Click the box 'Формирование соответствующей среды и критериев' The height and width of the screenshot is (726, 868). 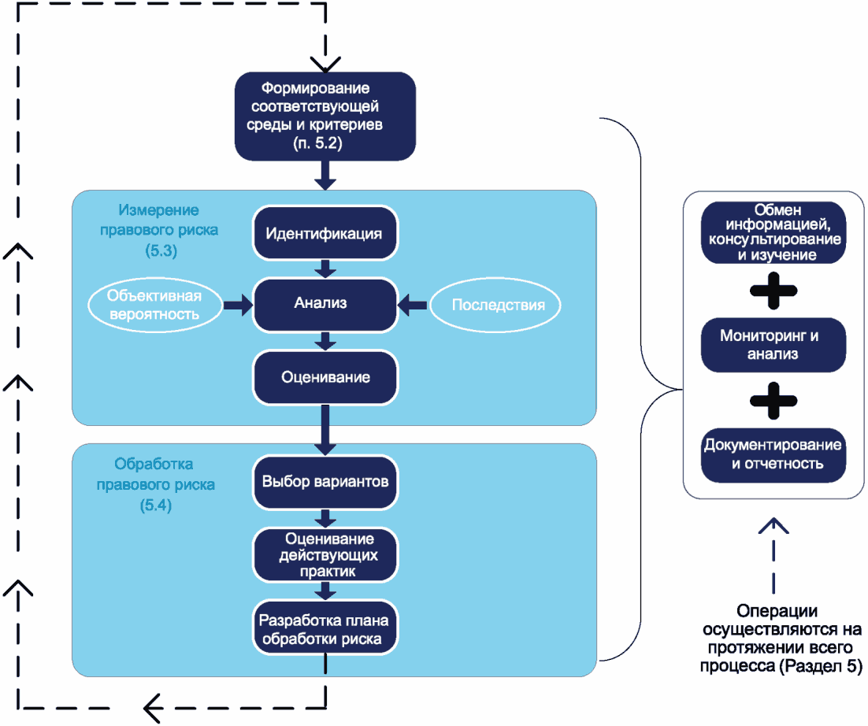325,117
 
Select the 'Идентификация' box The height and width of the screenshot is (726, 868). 325,233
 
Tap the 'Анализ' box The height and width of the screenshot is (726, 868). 325,305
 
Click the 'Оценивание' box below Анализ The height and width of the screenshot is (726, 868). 325,378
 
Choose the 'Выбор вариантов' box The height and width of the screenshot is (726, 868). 325,482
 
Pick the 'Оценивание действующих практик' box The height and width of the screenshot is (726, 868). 325,555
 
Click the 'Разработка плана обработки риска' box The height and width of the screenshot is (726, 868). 325,628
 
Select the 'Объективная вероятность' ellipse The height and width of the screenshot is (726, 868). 154,305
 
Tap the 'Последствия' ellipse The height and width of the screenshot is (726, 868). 495,305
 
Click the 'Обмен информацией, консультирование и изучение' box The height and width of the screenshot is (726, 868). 773,232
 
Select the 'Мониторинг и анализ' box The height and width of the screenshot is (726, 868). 773,345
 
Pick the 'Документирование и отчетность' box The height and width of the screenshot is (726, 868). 773,455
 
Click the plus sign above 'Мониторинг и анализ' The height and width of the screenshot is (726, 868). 773,291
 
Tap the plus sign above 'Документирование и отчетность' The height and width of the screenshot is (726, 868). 773,401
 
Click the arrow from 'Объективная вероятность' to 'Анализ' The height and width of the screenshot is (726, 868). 238,305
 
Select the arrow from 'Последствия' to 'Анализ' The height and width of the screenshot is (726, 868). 413,305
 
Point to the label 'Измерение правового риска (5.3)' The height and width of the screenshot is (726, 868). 159,230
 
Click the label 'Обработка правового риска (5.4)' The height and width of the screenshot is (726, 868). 155,485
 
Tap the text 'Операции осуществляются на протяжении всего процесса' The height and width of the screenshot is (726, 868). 781,638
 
